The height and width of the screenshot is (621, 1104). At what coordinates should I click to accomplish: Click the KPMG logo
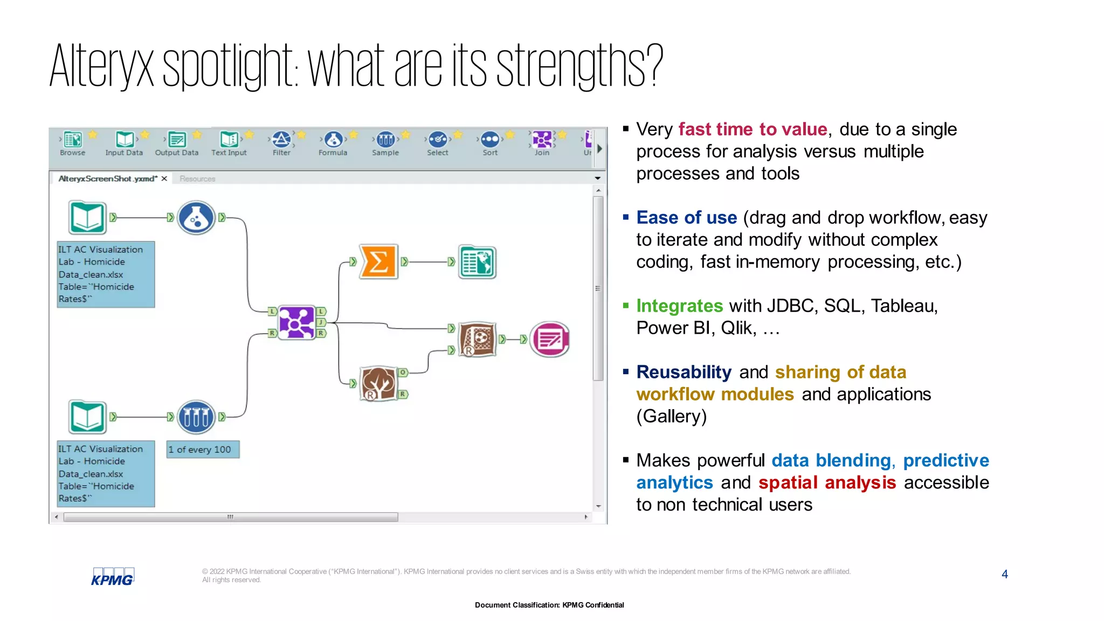(x=112, y=577)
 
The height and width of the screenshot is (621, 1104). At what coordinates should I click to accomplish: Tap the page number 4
(x=1004, y=574)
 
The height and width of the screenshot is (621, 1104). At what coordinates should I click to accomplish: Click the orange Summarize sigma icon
(x=378, y=262)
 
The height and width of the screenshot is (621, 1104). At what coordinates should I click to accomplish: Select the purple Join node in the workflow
(x=296, y=322)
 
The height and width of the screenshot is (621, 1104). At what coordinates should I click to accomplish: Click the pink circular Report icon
(x=549, y=340)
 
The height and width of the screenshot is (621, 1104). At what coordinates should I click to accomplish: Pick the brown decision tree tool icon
(x=378, y=384)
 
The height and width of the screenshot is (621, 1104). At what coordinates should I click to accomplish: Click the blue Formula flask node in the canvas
(x=196, y=218)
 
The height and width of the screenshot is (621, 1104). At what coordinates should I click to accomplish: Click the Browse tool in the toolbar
(x=73, y=143)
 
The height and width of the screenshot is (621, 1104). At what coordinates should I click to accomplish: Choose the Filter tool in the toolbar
(x=281, y=143)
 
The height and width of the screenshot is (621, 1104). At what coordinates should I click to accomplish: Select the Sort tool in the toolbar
(x=490, y=143)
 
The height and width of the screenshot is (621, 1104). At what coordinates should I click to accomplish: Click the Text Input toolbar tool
(x=229, y=143)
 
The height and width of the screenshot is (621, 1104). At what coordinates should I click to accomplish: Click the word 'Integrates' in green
(x=679, y=306)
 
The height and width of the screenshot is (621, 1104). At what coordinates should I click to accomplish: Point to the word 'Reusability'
(x=684, y=372)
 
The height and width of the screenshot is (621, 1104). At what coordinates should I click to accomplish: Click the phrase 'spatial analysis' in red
(x=827, y=482)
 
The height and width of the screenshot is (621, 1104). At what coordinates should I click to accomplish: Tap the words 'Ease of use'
(x=686, y=217)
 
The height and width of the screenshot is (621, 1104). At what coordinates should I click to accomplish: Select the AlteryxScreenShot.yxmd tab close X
(x=164, y=178)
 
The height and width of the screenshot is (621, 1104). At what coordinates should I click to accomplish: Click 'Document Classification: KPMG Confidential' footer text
(x=549, y=605)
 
